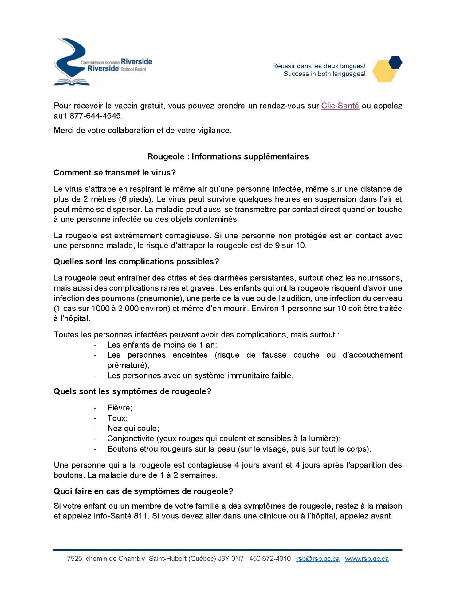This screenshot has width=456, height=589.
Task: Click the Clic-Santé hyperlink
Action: coord(340,106)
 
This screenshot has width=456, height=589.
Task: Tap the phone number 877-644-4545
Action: coord(96,116)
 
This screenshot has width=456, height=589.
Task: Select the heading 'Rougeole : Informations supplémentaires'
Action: coord(228,156)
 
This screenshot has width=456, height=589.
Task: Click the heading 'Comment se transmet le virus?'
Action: coord(115,173)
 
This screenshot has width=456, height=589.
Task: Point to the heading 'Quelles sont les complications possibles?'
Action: coord(136,262)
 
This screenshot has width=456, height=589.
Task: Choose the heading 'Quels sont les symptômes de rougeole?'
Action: coord(132,391)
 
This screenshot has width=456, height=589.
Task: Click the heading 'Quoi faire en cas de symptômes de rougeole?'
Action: coord(143,491)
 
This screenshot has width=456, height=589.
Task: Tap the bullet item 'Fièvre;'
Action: coord(120,408)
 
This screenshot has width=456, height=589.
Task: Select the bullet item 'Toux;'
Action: coord(117,418)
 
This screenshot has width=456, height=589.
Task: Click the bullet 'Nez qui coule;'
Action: coord(133,428)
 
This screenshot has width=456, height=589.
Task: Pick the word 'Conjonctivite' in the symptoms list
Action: coord(130,439)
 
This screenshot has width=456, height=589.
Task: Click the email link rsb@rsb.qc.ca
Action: coord(318,559)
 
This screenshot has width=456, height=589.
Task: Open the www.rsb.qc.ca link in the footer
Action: coord(367,559)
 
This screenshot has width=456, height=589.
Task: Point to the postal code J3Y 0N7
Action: coord(231,559)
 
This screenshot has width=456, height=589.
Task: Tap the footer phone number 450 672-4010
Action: coord(270,559)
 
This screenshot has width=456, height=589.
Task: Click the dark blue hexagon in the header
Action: coord(395,62)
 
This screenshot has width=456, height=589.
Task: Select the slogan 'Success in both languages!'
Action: coord(324,74)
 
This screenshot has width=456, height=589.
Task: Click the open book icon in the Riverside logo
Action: coord(72,82)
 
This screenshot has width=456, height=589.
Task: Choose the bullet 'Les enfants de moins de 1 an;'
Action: coord(162,345)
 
